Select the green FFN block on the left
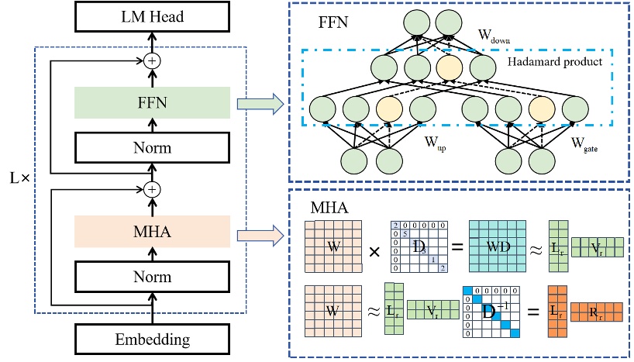tap(152, 102)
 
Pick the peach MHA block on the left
tap(152, 232)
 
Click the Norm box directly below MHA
tap(152, 275)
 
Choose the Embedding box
tap(152, 339)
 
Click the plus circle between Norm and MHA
tap(152, 188)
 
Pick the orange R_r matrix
tap(597, 313)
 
